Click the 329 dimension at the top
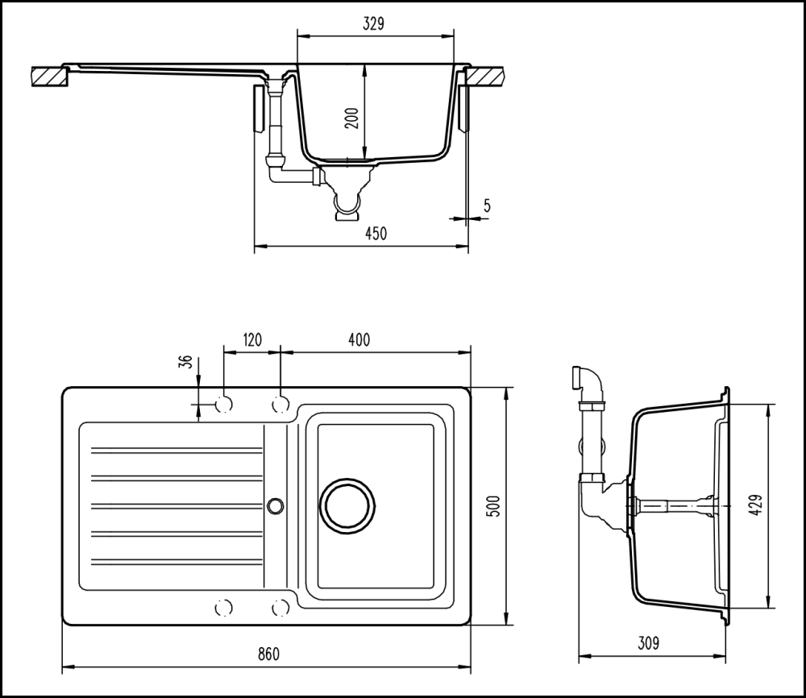click(x=372, y=23)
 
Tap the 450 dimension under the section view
click(x=376, y=234)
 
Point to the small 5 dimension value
click(x=487, y=206)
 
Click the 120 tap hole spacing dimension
click(x=251, y=340)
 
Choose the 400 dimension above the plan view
click(x=359, y=340)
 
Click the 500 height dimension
click(x=495, y=505)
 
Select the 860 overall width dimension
click(x=268, y=654)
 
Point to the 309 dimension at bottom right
click(x=648, y=643)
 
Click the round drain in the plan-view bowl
click(x=348, y=505)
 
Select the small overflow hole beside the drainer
click(x=276, y=505)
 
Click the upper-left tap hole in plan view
click(x=224, y=403)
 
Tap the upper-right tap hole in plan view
click(x=280, y=403)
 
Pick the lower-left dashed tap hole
click(x=224, y=607)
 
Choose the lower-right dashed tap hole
click(x=280, y=607)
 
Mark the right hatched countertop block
click(x=490, y=77)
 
